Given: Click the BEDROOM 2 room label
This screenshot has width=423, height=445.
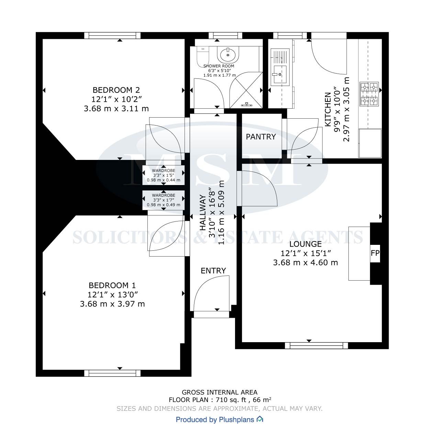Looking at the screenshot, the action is (x=116, y=90).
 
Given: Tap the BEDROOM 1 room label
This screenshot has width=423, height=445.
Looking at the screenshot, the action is (x=112, y=285).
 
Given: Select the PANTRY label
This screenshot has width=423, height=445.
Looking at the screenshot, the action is (x=261, y=137).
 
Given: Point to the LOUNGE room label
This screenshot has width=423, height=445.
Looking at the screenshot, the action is (x=305, y=244).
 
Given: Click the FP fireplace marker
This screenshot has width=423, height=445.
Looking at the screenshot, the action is (x=375, y=253).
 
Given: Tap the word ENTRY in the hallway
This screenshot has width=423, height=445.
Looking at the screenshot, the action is (x=213, y=271).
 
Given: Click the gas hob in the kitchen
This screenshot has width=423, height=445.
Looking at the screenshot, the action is (x=369, y=94).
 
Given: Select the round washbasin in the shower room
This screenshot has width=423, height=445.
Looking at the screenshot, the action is (x=228, y=54).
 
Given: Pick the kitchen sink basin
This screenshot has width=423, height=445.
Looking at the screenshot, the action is (x=280, y=74).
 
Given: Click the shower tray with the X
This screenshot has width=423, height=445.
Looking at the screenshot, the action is (x=246, y=90).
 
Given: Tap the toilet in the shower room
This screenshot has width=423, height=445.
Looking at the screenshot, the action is (x=201, y=56).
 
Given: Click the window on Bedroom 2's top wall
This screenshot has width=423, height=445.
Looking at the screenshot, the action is (x=112, y=35).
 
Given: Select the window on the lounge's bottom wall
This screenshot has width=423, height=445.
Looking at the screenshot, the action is (x=316, y=346).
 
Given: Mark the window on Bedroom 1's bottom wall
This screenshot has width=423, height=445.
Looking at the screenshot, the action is (x=112, y=373).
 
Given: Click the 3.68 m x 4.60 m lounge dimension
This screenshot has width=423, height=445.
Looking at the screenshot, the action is (x=305, y=262).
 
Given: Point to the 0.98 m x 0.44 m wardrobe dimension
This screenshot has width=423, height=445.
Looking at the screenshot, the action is (x=164, y=180).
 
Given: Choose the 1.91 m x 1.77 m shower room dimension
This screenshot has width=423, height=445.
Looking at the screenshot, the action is (x=220, y=75).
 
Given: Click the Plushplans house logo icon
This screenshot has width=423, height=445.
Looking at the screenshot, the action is (x=260, y=420).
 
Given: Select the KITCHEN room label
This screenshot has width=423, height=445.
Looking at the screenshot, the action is (x=328, y=109).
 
